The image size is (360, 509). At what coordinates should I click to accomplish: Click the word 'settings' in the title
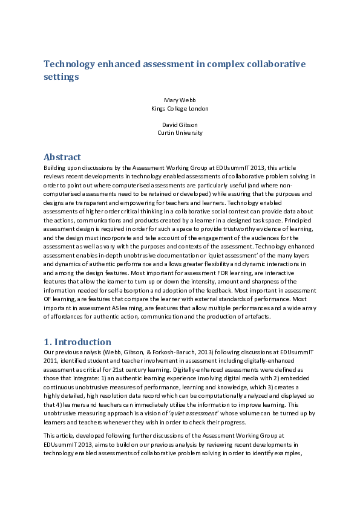tap(61, 77)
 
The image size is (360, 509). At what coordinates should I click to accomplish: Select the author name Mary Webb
tap(180, 99)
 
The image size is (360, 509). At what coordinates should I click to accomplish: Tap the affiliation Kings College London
tap(180, 108)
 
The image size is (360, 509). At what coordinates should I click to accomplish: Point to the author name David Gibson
tap(180, 124)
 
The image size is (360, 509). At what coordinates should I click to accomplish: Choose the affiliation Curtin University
tap(180, 132)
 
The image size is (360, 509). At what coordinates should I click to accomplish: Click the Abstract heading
tap(62, 157)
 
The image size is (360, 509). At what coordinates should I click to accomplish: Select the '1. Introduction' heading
tap(77, 342)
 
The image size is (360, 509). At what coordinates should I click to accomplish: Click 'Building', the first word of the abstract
tap(56, 166)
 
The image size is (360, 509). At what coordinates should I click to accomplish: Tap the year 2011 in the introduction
tap(52, 360)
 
